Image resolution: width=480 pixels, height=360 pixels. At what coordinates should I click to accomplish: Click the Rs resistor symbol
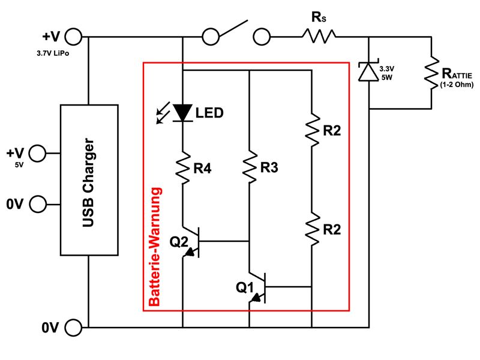(319, 37)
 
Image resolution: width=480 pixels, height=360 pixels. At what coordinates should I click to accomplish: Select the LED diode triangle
(183, 113)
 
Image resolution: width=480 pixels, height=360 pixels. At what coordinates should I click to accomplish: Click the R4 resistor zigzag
(183, 167)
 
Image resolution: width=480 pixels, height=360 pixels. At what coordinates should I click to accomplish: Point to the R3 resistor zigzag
(250, 167)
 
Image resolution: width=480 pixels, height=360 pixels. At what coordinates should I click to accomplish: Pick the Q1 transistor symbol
(258, 287)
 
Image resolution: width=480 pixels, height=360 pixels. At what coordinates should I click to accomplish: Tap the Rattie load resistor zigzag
(431, 73)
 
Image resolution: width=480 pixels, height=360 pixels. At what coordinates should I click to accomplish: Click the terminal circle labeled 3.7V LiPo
(73, 37)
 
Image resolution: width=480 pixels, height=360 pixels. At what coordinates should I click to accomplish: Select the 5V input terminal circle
(37, 153)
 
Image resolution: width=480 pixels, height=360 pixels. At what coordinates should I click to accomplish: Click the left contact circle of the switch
(211, 37)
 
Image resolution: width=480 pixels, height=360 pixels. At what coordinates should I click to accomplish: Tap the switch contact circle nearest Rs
(262, 37)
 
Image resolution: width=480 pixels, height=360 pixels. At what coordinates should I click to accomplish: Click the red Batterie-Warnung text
(155, 247)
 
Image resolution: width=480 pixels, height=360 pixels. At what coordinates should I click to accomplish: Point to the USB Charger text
(88, 183)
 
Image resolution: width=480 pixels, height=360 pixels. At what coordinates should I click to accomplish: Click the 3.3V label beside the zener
(386, 69)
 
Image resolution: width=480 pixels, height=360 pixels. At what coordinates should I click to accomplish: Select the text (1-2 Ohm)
(457, 85)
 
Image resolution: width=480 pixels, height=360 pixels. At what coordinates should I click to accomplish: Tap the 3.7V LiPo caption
(53, 53)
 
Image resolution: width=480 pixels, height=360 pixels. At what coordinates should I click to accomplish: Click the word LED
(209, 113)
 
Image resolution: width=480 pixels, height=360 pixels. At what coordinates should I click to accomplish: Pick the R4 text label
(202, 169)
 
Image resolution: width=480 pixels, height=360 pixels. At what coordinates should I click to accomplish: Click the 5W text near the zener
(386, 77)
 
